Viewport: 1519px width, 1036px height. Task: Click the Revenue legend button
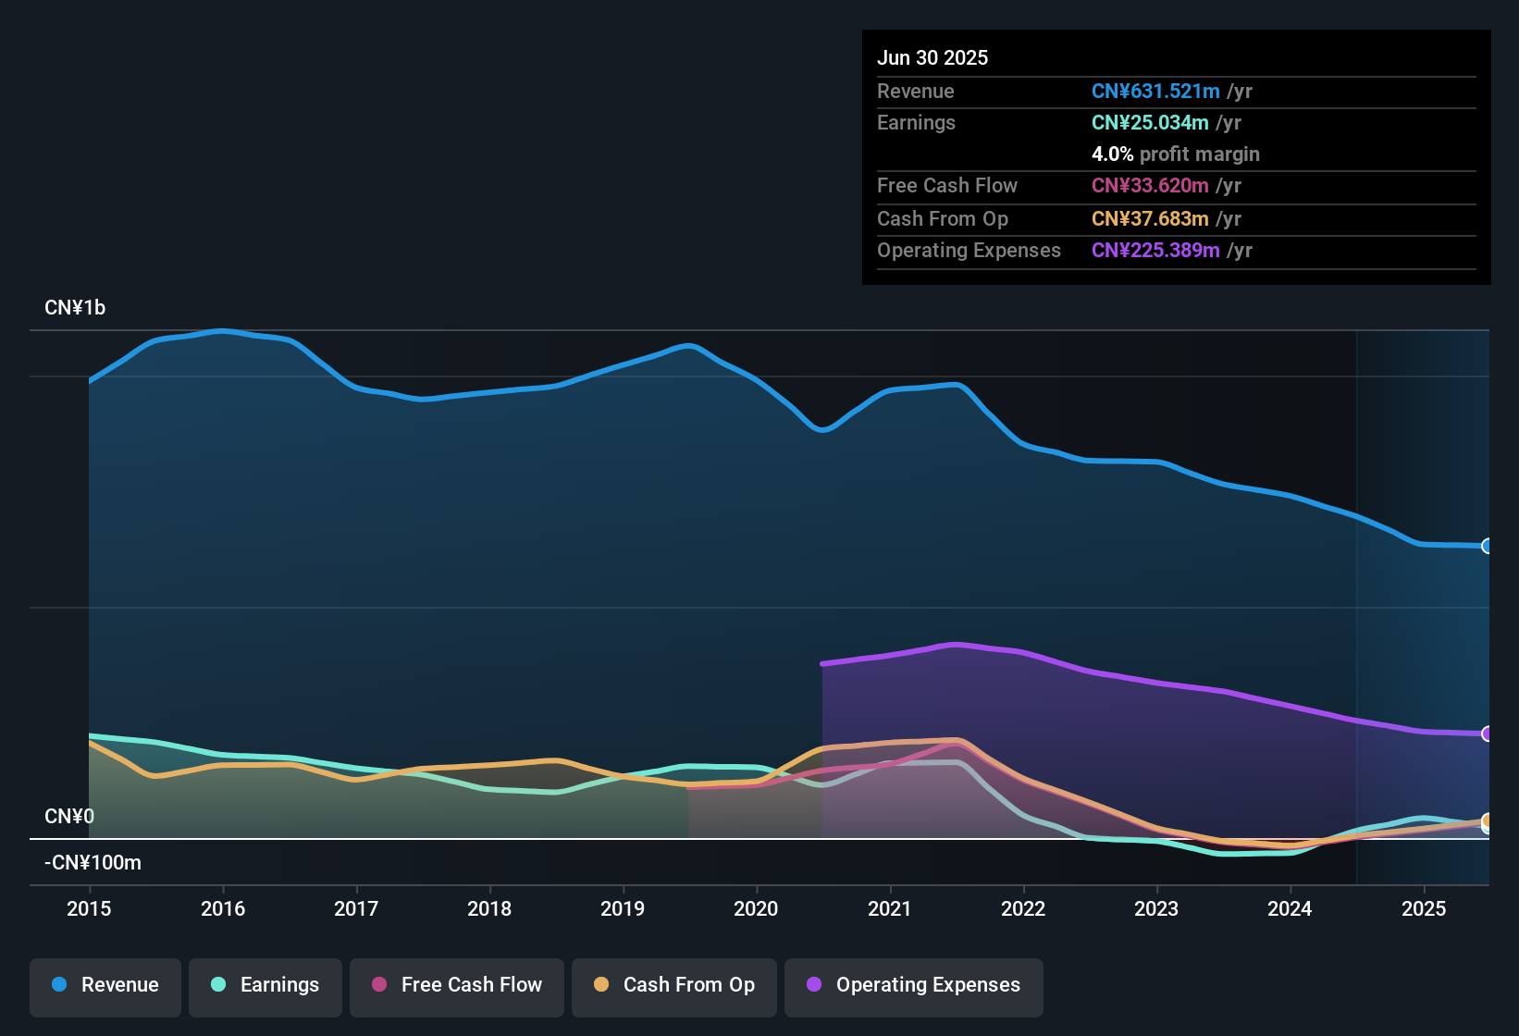105,985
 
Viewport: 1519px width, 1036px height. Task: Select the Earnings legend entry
266,985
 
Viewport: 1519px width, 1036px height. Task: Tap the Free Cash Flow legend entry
457,985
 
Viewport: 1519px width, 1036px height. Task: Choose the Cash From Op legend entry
674,985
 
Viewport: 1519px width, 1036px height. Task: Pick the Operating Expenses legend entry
914,985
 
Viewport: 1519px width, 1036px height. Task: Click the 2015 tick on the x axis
89,908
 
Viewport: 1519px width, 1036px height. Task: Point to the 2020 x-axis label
756,908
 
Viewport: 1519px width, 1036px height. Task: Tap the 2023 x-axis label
1156,908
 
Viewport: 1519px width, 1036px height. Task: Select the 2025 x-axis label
1424,908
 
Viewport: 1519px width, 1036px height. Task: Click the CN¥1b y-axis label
75,308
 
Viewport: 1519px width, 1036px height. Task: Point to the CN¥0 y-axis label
69,817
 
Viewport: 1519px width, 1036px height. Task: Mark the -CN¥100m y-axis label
93,863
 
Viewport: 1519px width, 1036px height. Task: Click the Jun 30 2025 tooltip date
932,57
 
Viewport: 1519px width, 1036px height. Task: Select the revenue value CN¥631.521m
1155,91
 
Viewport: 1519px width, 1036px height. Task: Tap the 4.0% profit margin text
1175,154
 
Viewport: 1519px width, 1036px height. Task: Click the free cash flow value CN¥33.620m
1150,186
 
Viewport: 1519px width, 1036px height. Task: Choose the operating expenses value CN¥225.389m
1155,251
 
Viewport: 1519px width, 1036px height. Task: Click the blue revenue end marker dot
1487,546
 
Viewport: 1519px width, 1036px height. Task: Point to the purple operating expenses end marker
1487,734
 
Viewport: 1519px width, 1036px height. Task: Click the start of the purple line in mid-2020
823,663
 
